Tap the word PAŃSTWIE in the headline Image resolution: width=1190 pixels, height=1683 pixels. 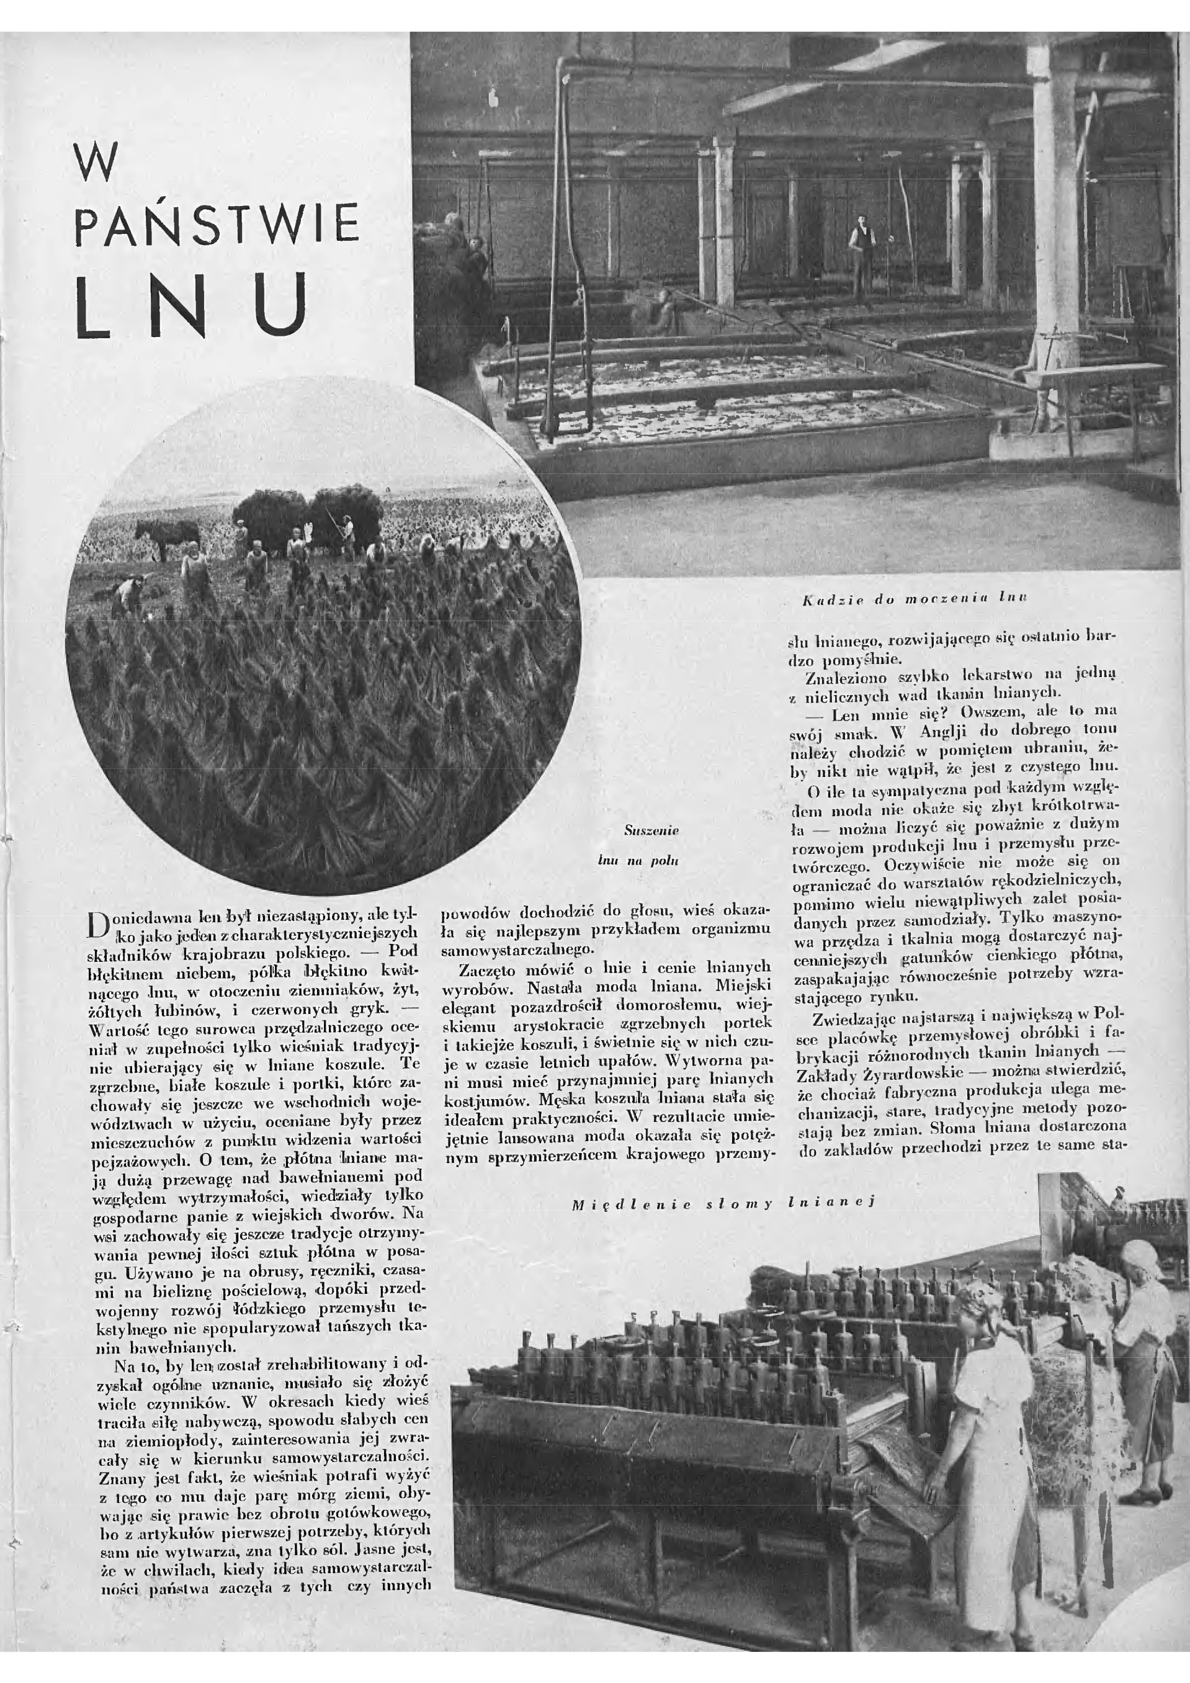click(x=218, y=225)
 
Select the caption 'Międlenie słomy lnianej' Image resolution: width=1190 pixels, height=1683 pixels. click(x=723, y=1203)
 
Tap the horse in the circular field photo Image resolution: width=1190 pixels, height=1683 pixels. click(x=163, y=536)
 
